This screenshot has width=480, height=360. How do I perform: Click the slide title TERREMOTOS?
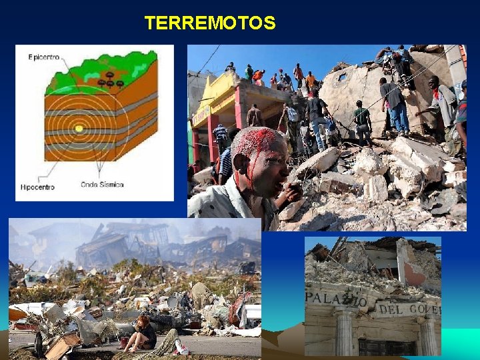point(209,23)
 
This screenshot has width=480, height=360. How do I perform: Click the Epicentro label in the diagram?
point(44,57)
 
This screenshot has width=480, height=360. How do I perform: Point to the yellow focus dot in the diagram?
point(79,128)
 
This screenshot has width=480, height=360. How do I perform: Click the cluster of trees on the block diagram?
point(110,80)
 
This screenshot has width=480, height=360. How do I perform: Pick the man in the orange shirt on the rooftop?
point(311,81)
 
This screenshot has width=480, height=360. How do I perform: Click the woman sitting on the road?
point(141,333)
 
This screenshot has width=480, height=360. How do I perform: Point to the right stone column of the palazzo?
point(427,337)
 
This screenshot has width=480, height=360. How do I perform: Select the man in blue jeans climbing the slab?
point(396,105)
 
